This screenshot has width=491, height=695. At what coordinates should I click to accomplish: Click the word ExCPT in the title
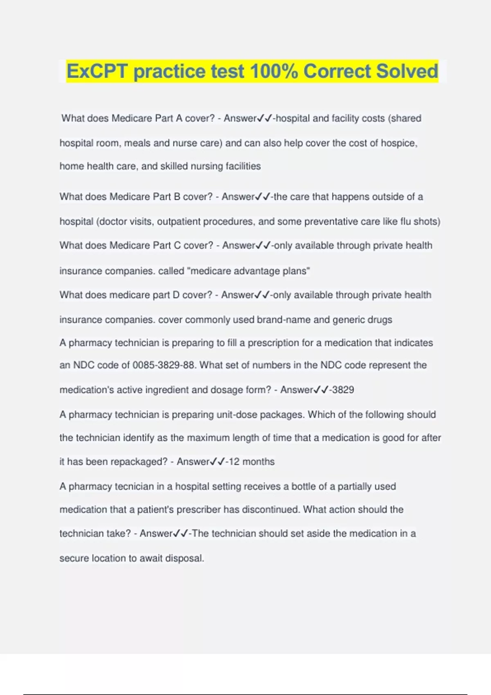click(97, 71)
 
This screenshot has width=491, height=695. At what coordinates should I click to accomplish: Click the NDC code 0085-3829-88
click(164, 365)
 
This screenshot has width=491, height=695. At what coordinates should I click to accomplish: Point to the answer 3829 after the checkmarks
click(343, 390)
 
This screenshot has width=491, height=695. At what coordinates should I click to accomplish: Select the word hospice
click(399, 143)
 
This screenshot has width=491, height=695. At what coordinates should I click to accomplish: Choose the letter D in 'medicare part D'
click(176, 295)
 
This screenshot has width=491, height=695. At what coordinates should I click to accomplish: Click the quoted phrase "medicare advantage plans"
click(248, 271)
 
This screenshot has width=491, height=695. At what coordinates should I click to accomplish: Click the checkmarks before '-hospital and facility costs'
click(264, 119)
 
